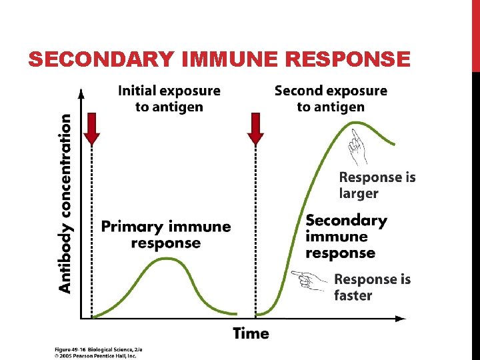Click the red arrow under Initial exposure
[x=92, y=128]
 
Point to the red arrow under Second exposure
[x=255, y=128]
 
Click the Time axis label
[x=251, y=333]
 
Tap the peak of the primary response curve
[x=166, y=259]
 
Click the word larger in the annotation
[x=359, y=193]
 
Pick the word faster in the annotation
[x=353, y=295]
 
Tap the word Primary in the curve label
[x=132, y=227]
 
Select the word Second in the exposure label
[x=299, y=90]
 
